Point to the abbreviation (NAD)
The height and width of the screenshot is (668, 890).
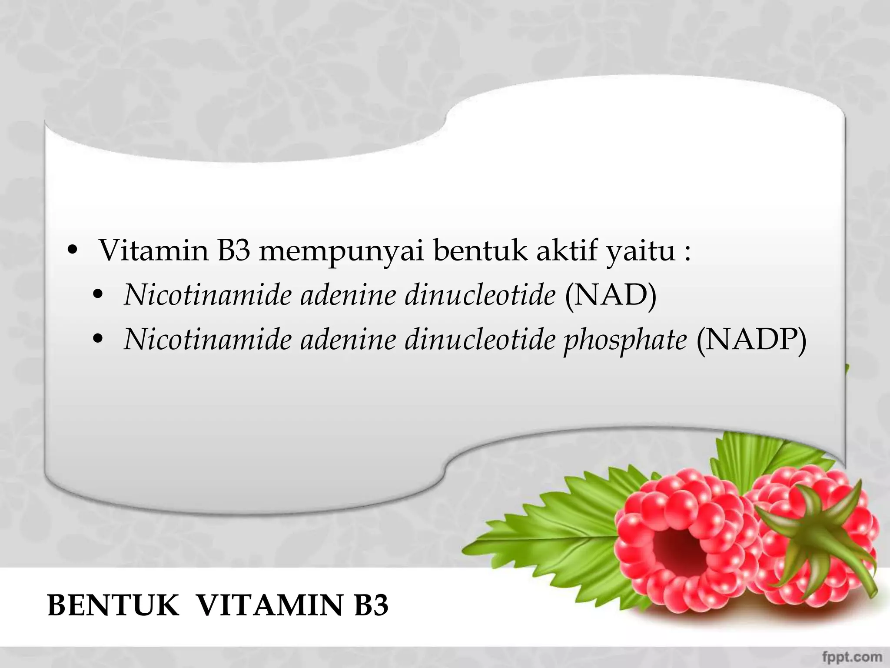611,295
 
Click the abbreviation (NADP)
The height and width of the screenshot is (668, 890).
751,339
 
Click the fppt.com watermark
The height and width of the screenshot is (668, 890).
852,656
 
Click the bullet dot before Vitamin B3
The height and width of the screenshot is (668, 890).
73,251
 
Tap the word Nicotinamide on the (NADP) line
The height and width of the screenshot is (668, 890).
208,339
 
